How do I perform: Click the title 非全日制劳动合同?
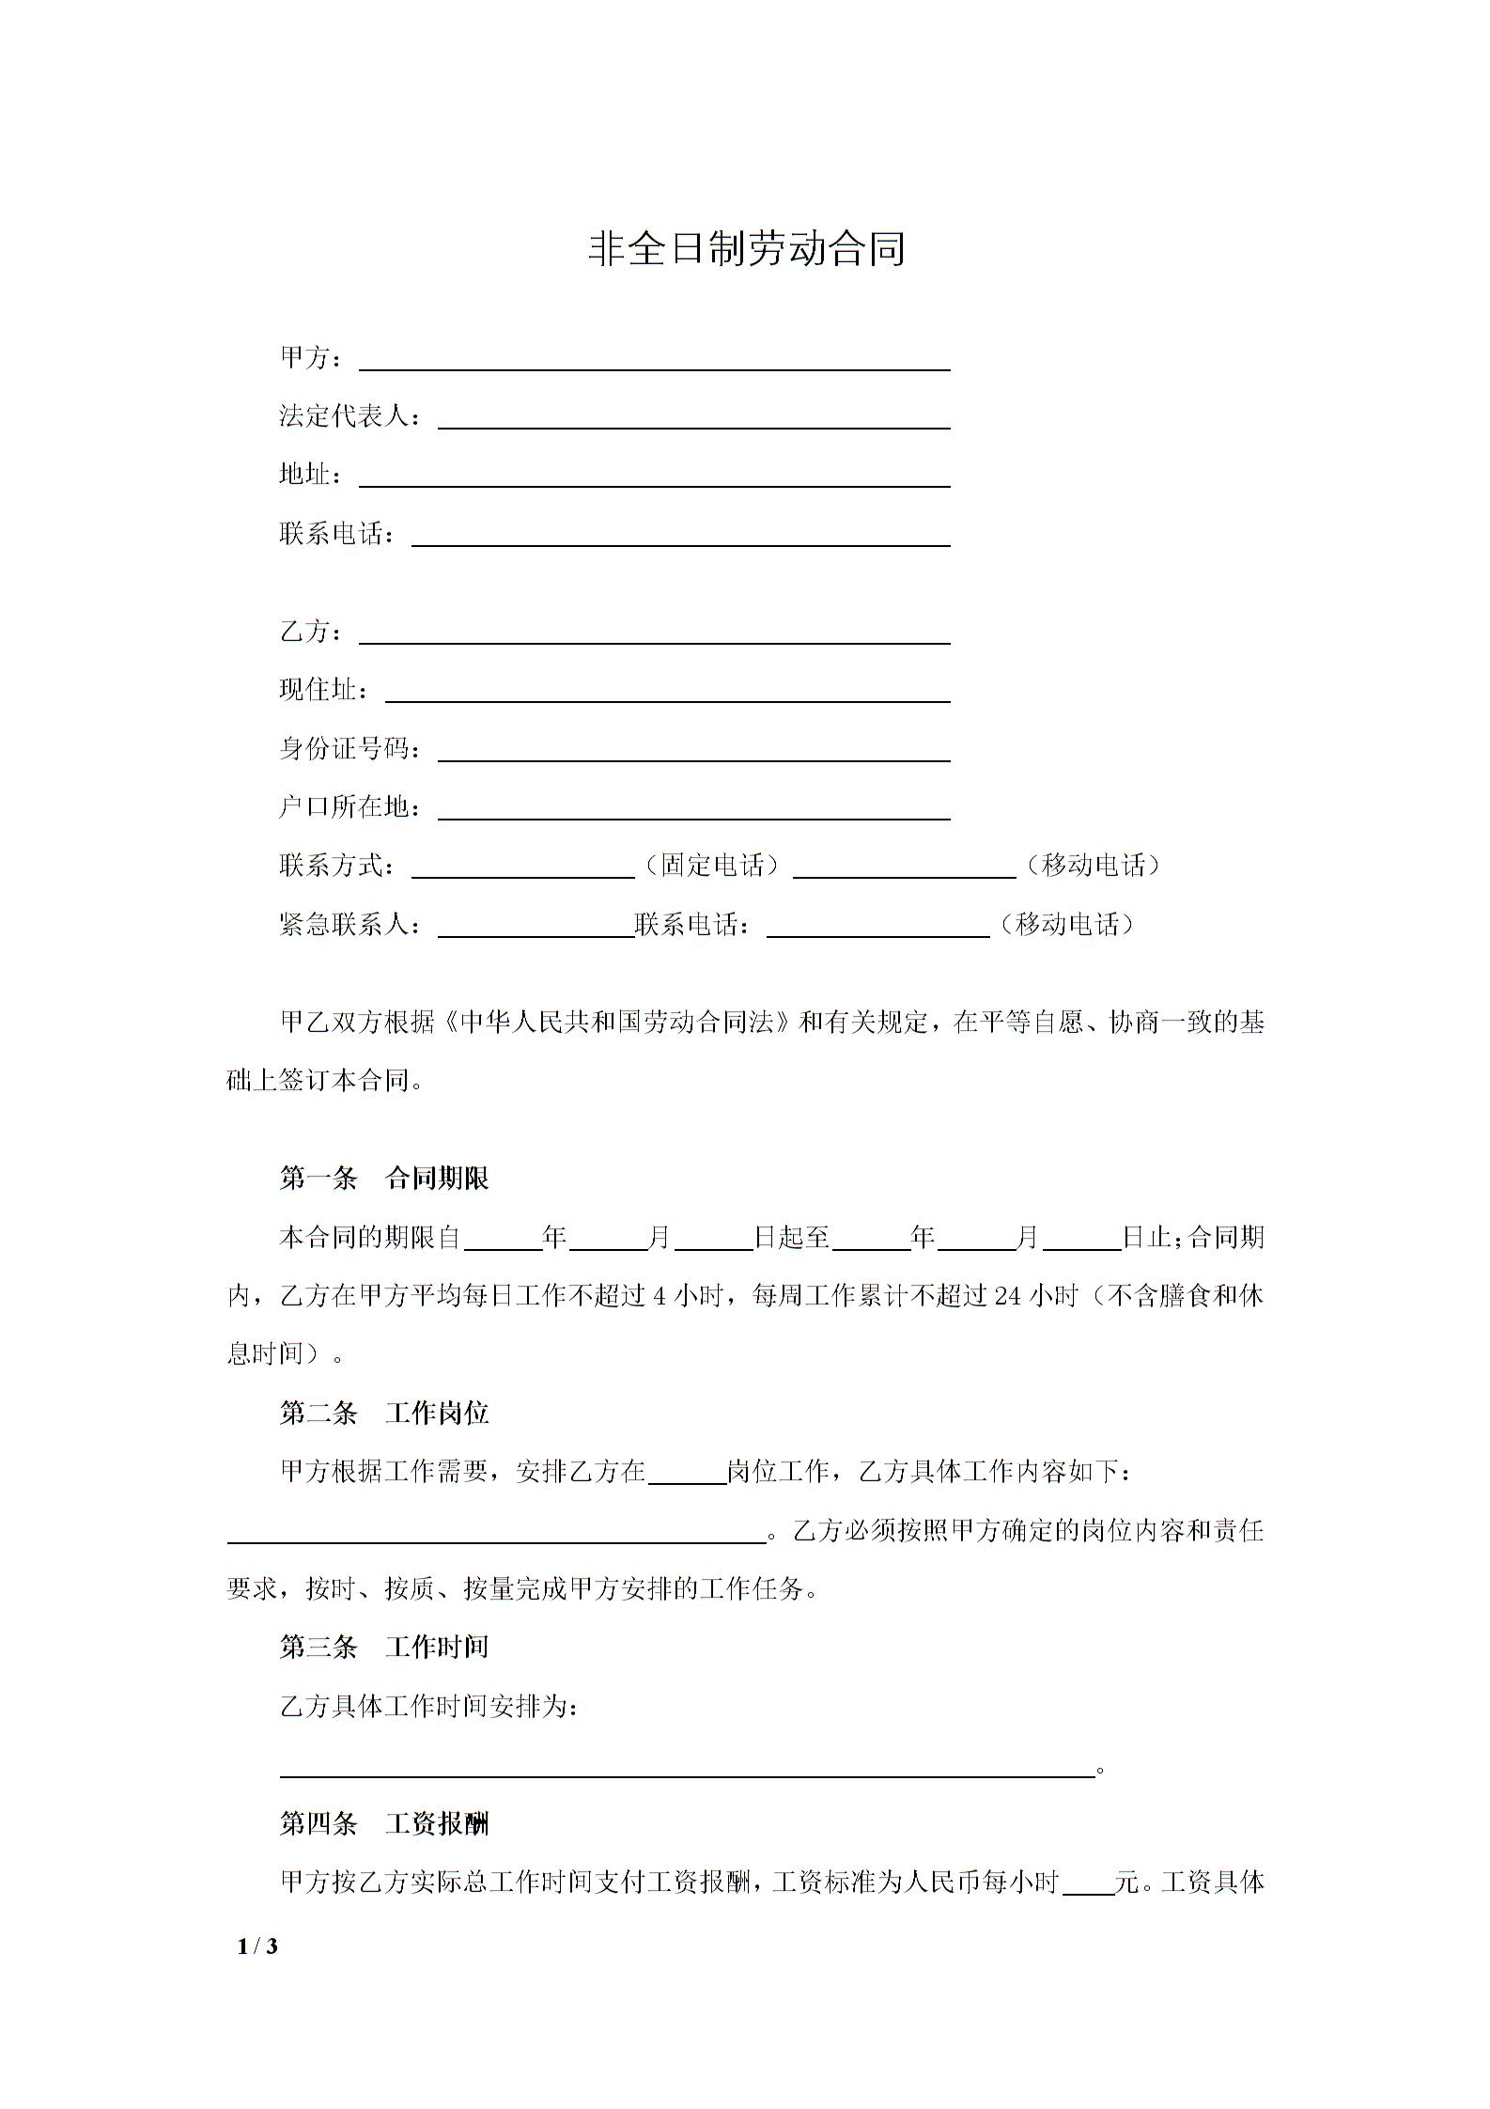pyautogui.click(x=746, y=249)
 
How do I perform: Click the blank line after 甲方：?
pyautogui.click(x=655, y=362)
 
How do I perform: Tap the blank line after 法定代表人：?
pyautogui.click(x=693, y=420)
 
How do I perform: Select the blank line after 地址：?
pyautogui.click(x=655, y=478)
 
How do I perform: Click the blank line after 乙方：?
pyautogui.click(x=655, y=635)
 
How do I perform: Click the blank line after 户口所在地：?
pyautogui.click(x=693, y=811)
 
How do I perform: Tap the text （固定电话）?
pyautogui.click(x=713, y=866)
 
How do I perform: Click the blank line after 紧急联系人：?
pyautogui.click(x=535, y=929)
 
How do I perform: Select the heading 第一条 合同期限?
pyautogui.click(x=384, y=1179)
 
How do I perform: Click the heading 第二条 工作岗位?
pyautogui.click(x=384, y=1413)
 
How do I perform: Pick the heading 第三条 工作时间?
pyautogui.click(x=384, y=1647)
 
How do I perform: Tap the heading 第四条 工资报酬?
pyautogui.click(x=384, y=1824)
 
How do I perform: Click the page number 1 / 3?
pyautogui.click(x=257, y=1945)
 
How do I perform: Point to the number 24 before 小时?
pyautogui.click(x=1007, y=1296)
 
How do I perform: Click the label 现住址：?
pyautogui.click(x=324, y=691)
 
